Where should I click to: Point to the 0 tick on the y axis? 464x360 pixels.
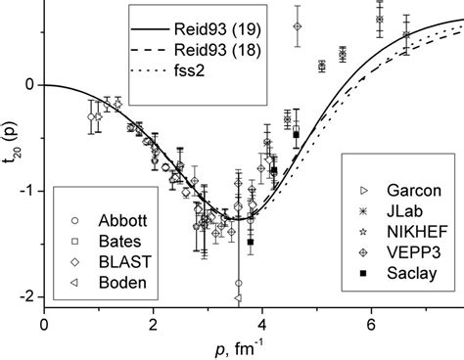pos(27,85)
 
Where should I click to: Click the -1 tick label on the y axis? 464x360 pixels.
pos(24,190)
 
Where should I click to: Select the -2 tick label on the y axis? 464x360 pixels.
pos(24,295)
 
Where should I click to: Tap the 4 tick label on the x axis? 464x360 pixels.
pos(261,321)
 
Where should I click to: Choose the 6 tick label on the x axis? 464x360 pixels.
pos(371,321)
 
